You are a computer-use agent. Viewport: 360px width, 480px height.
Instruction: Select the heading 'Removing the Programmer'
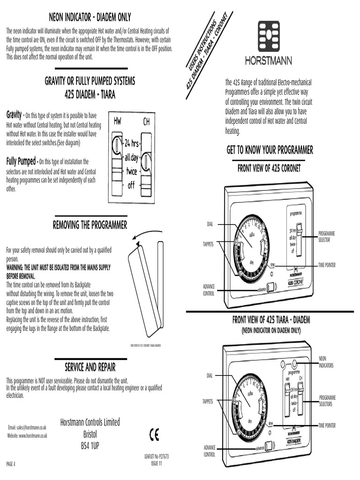pyautogui.click(x=90, y=225)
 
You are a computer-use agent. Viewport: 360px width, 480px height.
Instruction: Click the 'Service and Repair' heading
pyautogui.click(x=90, y=366)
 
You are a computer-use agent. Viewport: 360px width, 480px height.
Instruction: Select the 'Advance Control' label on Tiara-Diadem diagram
pyautogui.click(x=209, y=451)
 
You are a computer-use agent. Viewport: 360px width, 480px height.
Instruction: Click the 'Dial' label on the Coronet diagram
pyautogui.click(x=210, y=224)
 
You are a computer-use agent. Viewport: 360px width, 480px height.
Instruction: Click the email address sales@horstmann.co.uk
pyautogui.click(x=27, y=427)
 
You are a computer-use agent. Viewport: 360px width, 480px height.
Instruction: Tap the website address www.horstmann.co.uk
pyautogui.click(x=27, y=435)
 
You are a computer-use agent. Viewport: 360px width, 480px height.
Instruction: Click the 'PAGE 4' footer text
pyautogui.click(x=11, y=464)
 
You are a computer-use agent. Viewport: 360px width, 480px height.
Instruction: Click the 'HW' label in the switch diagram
pyautogui.click(x=117, y=121)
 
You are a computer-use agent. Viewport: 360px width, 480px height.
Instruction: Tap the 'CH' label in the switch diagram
pyautogui.click(x=146, y=122)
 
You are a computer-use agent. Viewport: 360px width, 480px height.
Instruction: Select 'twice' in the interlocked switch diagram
pyautogui.click(x=131, y=172)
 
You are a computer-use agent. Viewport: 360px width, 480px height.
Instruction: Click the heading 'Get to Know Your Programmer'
pyautogui.click(x=270, y=150)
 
